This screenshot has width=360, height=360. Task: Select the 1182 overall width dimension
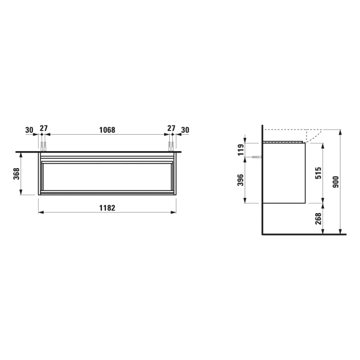(107, 207)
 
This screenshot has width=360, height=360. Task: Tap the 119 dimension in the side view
(240, 150)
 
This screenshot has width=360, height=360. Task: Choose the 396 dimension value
(240, 180)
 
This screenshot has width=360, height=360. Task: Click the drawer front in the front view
(107, 177)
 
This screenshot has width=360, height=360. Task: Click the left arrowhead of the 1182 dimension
(41, 212)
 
